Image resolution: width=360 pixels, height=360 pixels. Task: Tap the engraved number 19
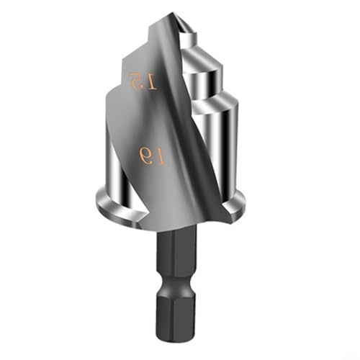(151, 155)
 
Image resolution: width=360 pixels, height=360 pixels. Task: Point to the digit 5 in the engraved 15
(133, 78)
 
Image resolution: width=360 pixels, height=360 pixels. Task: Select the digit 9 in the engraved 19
(145, 154)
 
